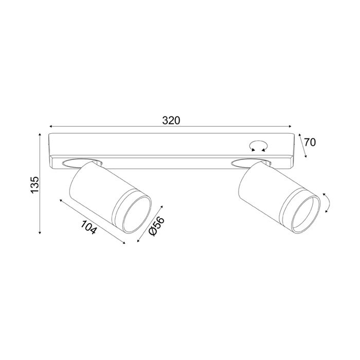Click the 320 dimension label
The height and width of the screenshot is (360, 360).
coord(171,120)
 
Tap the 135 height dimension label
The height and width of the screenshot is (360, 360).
coord(35,185)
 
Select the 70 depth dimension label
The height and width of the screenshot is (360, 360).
coord(310,142)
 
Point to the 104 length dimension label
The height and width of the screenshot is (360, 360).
coord(88,227)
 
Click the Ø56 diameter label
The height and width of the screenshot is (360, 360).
coord(157,226)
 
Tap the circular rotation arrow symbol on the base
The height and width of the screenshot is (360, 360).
coord(259,146)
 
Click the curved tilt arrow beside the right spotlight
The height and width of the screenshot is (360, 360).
coord(327,203)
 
